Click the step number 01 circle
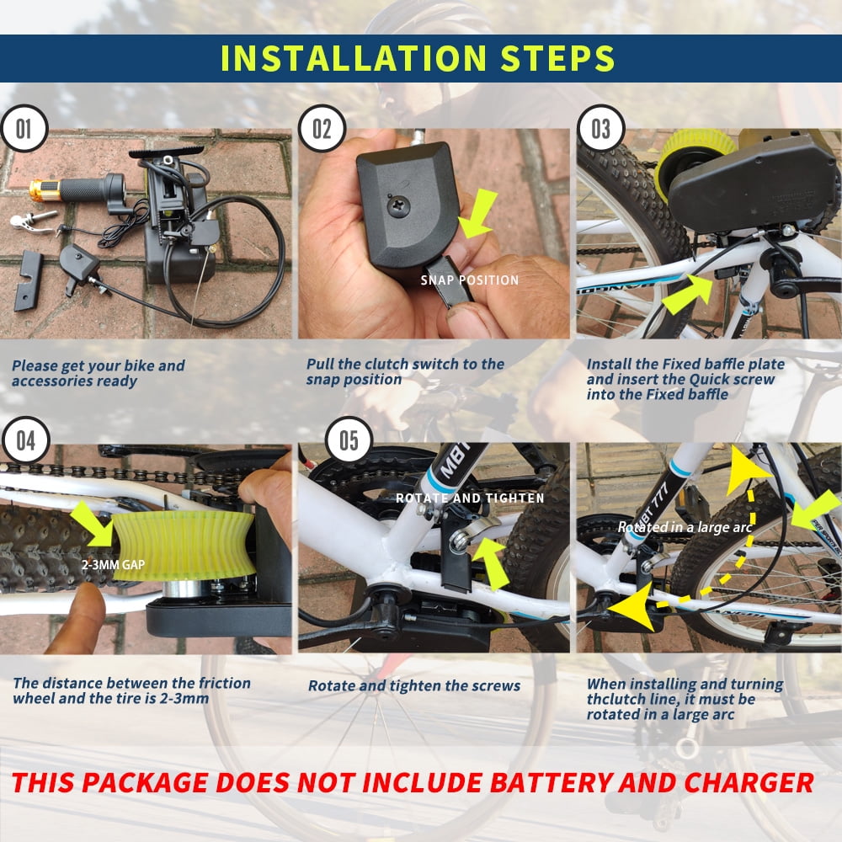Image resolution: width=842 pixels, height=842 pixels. pos(24,129)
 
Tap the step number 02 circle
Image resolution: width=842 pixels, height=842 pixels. pos(322,129)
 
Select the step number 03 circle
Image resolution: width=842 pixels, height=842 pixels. pos(601,129)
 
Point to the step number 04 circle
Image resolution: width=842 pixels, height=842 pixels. pos(25,441)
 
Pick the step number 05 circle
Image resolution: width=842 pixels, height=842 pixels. pos(349,441)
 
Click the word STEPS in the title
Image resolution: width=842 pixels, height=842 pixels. pos(557,58)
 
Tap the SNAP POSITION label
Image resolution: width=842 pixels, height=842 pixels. pos(469,280)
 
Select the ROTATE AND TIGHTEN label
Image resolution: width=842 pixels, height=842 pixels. pos(470,498)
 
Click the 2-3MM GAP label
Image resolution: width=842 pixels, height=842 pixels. pos(114,564)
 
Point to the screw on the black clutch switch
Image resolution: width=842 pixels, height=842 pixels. pos(398,206)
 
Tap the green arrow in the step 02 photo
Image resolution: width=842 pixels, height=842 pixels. pos(477,215)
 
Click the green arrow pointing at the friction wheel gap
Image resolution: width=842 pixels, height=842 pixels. pos(93,524)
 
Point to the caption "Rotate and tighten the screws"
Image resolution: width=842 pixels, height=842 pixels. pos(414,685)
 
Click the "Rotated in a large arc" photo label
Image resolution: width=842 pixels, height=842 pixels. pos(684,527)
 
